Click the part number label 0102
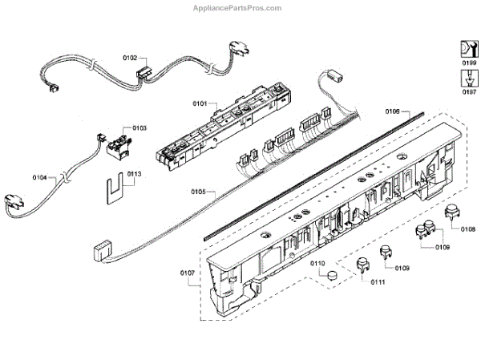coord(129,58)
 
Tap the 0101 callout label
coord(200,103)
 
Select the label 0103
coord(139,128)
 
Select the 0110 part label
coord(317,263)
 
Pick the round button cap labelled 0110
coord(329,277)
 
